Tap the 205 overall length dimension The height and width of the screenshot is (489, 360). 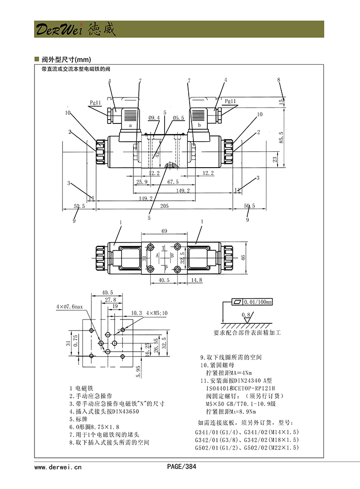coord(164,206)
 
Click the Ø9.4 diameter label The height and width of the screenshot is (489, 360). coord(154,117)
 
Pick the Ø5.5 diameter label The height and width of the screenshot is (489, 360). coord(179,117)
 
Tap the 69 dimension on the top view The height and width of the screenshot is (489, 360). coord(164,231)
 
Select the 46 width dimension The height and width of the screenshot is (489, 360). coord(243,257)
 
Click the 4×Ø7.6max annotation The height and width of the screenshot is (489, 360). coord(70,306)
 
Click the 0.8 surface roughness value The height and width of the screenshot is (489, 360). coord(247,315)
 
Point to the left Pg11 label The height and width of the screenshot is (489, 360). coord(95,102)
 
